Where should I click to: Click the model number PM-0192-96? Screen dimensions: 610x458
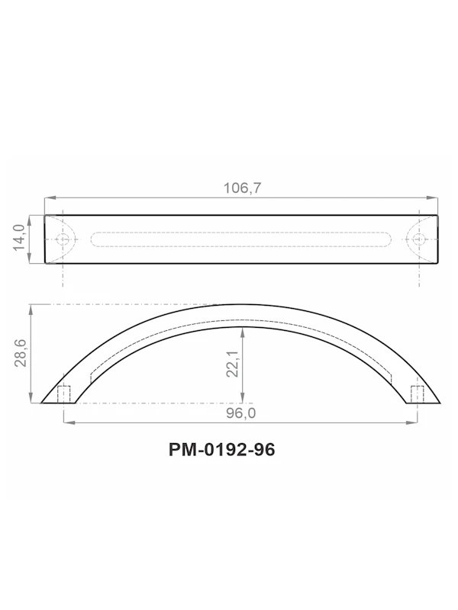click(221, 449)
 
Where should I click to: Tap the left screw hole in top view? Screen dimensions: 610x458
click(63, 239)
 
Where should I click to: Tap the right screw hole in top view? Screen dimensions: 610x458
click(418, 239)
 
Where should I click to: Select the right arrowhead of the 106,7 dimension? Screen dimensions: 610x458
click(435, 199)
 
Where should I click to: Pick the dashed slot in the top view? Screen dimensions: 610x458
click(241, 239)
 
